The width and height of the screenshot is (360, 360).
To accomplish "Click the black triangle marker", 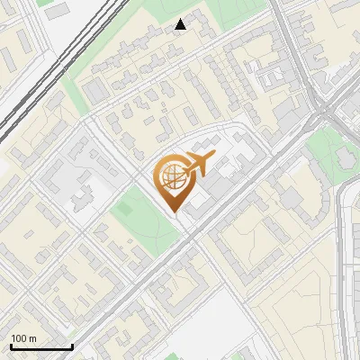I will pos(181,24).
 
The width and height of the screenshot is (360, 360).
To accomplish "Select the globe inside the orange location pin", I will pos(170,178).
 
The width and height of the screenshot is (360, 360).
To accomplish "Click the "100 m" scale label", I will pos(23,338).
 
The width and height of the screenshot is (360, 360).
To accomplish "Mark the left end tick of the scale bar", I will pos(10,346).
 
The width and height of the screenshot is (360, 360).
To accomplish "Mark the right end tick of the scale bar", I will pos(72,346).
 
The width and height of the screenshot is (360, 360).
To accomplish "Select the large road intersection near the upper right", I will pos(319,112).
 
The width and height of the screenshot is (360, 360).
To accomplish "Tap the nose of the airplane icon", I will pos(213,158).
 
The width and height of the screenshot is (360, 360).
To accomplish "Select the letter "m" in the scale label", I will pos(32,338).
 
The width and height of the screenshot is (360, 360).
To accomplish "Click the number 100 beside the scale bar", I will pos(19,338).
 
